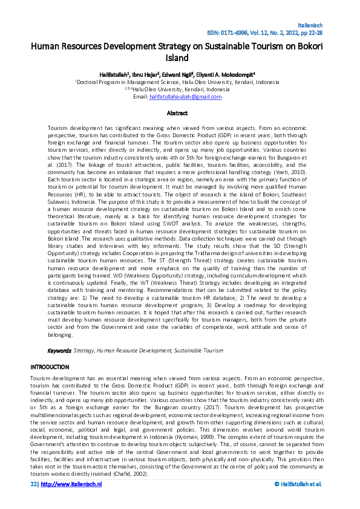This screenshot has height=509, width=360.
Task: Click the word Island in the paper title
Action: pos(180,58)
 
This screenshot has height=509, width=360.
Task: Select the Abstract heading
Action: pos(180,112)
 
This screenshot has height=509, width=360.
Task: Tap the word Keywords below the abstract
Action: pos(59,351)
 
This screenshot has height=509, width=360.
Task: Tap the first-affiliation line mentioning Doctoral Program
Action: pos(180,82)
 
